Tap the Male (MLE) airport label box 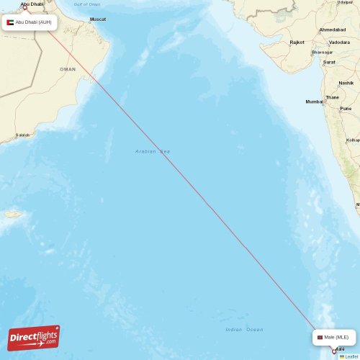tap(335, 337)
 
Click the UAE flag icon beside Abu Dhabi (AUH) tap(10, 23)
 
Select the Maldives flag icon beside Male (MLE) tap(320, 337)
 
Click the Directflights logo tap(34, 337)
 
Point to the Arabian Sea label tap(153, 151)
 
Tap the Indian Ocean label tap(244, 329)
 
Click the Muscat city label tap(97, 19)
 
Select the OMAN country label tap(68, 69)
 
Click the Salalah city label tap(23, 135)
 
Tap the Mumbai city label tap(314, 102)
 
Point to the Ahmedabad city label tap(333, 30)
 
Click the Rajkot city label tap(297, 42)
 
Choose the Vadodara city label tap(338, 42)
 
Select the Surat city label tap(329, 62)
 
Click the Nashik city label tap(346, 83)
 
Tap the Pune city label tap(346, 108)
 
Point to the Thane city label tap(332, 97)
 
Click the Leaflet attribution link tap(349, 356)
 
